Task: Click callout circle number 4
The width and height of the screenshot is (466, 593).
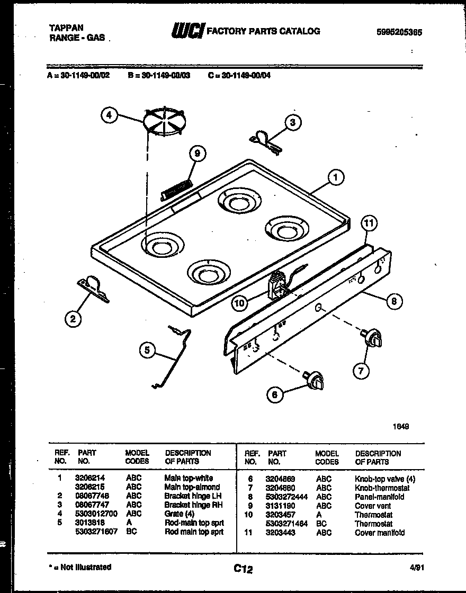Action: point(109,115)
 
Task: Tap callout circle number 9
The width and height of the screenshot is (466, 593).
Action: point(197,154)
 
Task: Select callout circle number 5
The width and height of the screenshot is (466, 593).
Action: point(148,350)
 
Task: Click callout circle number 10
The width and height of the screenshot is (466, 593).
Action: point(239,303)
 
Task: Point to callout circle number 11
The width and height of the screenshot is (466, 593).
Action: point(370,223)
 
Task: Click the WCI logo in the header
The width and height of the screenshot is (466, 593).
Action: point(186,32)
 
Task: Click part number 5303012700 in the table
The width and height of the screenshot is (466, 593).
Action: point(96,514)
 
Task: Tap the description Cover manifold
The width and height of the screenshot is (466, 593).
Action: point(380,533)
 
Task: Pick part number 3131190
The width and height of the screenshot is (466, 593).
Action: point(281,506)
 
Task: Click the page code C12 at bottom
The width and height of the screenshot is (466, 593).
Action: point(243,570)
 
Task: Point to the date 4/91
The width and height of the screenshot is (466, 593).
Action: point(417,567)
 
